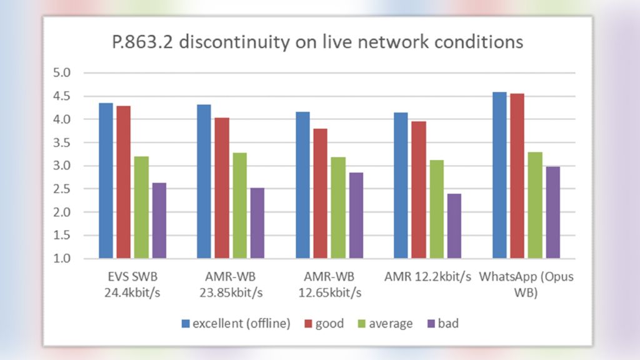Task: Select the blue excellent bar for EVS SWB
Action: point(106,181)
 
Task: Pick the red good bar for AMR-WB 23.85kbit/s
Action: point(222,188)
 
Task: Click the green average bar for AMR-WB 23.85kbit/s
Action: point(239,206)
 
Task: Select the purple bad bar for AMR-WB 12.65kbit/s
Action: point(356,216)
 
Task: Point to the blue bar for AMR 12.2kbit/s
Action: point(401,186)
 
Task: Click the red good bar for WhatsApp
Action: point(517,176)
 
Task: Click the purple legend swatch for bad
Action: point(428,324)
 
